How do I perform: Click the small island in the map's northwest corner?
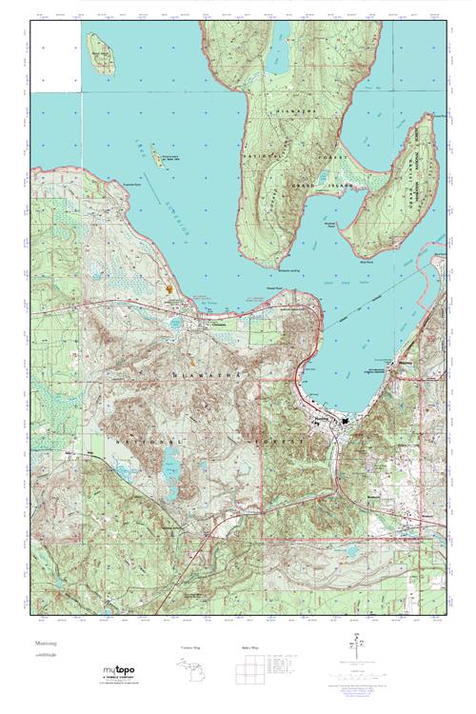(x=100, y=53)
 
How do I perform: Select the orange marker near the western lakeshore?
(x=169, y=286)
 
